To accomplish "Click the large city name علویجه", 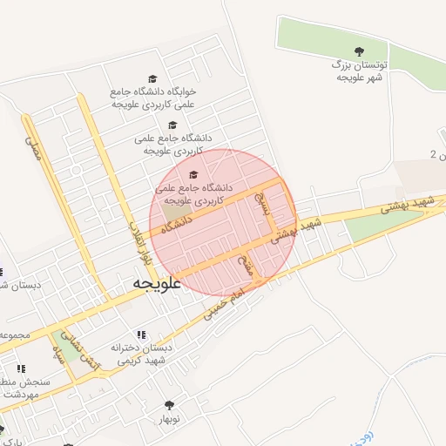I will click(x=157, y=284).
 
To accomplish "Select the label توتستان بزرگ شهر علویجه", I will click(x=360, y=71).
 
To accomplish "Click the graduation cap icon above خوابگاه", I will click(x=153, y=78).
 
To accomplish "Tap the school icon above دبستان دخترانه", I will click(x=142, y=334).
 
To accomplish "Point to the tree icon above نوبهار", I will click(x=169, y=404).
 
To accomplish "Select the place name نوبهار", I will click(x=169, y=419).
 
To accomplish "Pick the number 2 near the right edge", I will click(x=434, y=155).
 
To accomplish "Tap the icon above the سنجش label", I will click(x=21, y=368).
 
